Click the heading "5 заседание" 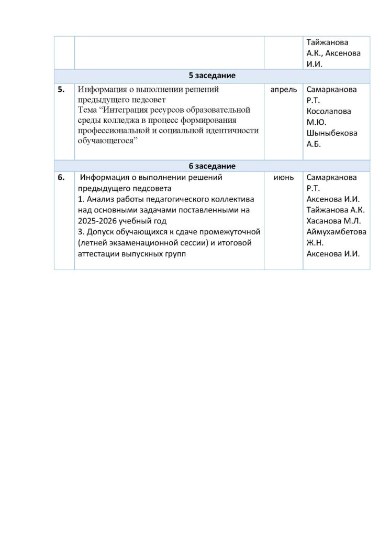(x=211, y=76)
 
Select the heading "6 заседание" (x=211, y=166)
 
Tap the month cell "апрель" (x=283, y=90)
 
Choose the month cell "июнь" (x=283, y=178)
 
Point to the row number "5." (x=61, y=90)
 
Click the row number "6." (x=61, y=178)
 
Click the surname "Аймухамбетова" (x=337, y=232)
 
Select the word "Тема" (x=87, y=110)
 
